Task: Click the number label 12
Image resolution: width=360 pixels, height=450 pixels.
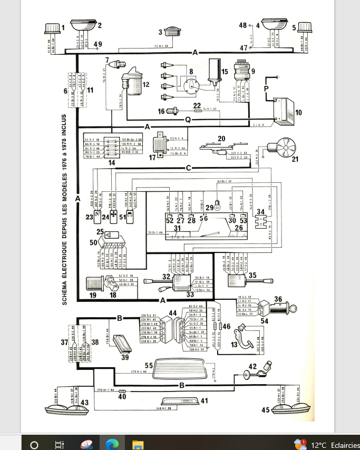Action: [146, 84]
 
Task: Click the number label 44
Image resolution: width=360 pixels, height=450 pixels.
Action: [172, 314]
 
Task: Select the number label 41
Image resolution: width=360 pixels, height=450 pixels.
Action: [203, 401]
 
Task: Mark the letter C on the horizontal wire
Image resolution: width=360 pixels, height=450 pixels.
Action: [188, 168]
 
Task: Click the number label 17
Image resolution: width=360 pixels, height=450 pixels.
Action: [153, 157]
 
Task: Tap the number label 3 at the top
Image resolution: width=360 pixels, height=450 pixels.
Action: [160, 33]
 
